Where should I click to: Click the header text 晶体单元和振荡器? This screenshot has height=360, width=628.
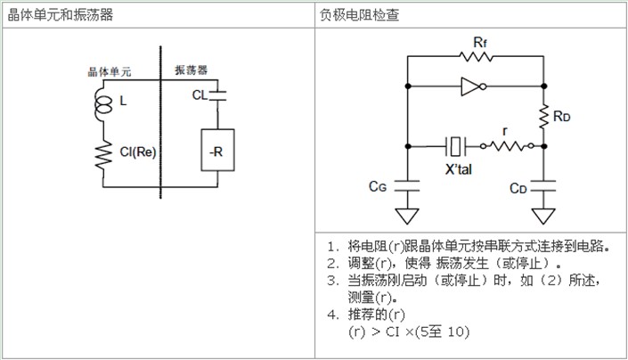61,15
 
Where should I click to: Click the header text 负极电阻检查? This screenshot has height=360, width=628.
361,15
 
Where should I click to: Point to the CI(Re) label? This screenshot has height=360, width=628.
137,151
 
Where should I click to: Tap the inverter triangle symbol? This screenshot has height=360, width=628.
469,86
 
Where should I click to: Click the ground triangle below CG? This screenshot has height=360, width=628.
408,214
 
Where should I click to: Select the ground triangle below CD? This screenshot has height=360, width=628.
543,215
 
